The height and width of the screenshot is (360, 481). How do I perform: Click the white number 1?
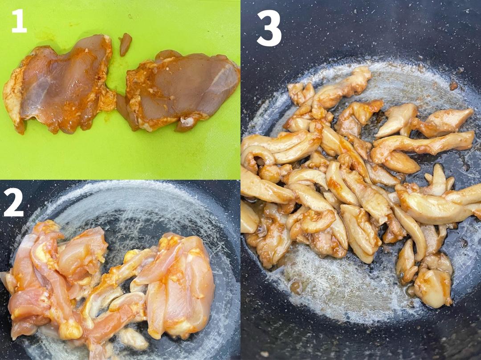pyautogui.click(x=19, y=20)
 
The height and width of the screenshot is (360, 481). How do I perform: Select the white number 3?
pyautogui.click(x=269, y=29)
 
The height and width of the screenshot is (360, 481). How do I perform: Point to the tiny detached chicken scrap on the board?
pyautogui.click(x=125, y=44)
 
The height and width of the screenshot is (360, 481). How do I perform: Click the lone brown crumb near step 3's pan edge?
pyautogui.click(x=453, y=85)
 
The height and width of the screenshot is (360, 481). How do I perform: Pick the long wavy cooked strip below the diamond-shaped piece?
pyautogui.click(x=424, y=146)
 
